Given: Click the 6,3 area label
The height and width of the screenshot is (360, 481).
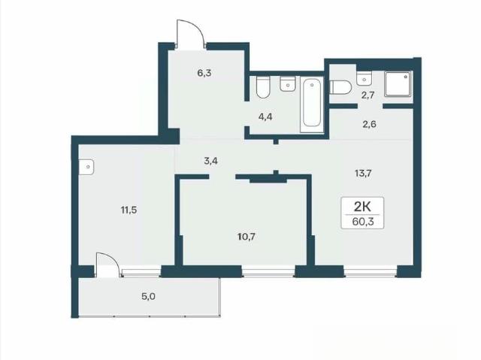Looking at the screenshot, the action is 204,74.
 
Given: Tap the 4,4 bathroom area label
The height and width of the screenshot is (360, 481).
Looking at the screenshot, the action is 265,116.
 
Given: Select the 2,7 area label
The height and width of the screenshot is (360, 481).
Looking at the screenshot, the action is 368,95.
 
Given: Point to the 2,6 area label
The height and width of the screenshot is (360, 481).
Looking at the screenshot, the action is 369,125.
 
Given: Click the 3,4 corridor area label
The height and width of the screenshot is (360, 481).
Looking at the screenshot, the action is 210,161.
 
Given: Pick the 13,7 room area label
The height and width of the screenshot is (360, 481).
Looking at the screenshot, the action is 363,174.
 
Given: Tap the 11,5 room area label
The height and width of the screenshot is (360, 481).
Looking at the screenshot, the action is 129,210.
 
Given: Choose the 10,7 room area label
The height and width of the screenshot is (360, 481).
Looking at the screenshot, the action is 247,237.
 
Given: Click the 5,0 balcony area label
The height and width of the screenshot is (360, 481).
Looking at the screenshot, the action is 148,297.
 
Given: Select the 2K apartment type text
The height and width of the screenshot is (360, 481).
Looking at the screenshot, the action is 362,207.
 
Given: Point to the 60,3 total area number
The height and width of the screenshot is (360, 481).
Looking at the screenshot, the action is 362,222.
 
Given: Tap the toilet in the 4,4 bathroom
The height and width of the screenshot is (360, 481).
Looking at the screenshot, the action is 263,87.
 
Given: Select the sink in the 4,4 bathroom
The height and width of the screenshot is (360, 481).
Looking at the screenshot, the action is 288,83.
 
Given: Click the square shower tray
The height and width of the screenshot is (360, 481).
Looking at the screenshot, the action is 398,84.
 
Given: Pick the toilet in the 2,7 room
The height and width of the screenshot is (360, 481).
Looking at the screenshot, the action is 340,87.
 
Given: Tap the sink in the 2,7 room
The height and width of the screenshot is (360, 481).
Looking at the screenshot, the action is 364,78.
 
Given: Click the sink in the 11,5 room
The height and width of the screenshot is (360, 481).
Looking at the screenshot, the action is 86,167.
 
